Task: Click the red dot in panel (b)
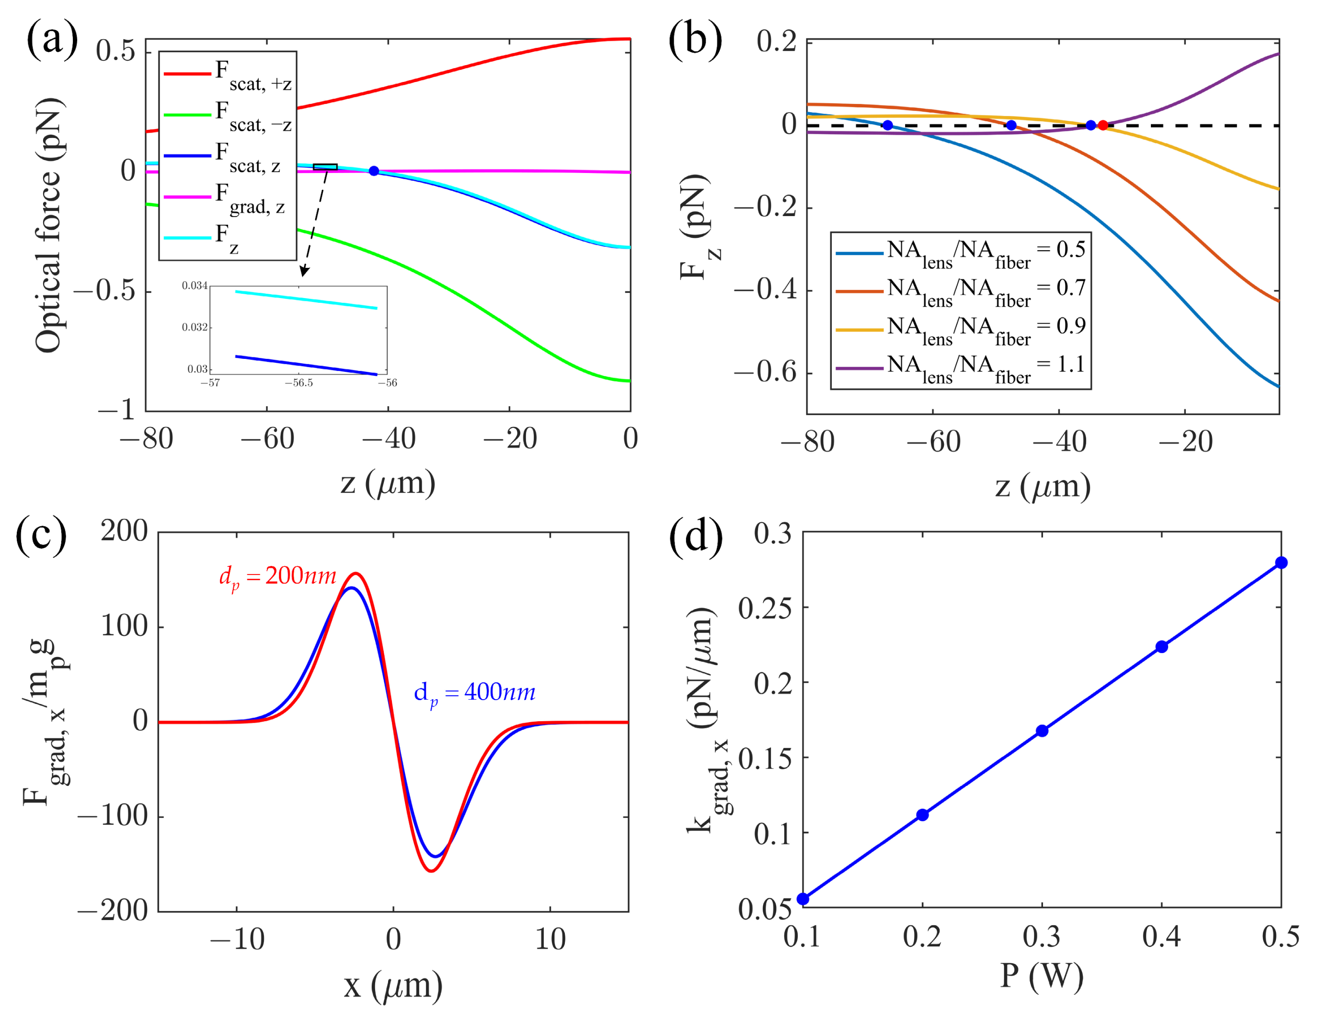pyautogui.click(x=1103, y=126)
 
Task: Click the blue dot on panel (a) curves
pyautogui.click(x=374, y=171)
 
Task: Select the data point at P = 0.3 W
pyautogui.click(x=1042, y=731)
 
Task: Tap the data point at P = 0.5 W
pyautogui.click(x=1281, y=563)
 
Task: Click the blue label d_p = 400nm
pyautogui.click(x=475, y=693)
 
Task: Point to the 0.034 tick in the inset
pyautogui.click(x=195, y=286)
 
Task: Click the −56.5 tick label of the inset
pyautogui.click(x=299, y=383)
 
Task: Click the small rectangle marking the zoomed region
pyautogui.click(x=325, y=167)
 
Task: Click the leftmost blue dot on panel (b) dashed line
pyautogui.click(x=887, y=126)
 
